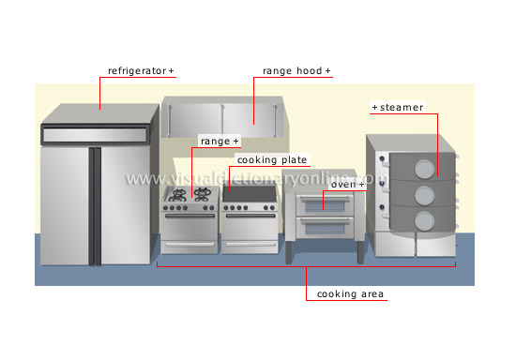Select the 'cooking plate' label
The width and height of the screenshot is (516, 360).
tap(271, 160)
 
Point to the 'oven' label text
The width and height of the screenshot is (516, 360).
tap(344, 184)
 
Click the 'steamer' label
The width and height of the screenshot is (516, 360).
tap(401, 108)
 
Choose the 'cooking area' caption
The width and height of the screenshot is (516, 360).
tap(350, 294)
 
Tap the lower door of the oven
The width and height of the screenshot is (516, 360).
tap(325, 228)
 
